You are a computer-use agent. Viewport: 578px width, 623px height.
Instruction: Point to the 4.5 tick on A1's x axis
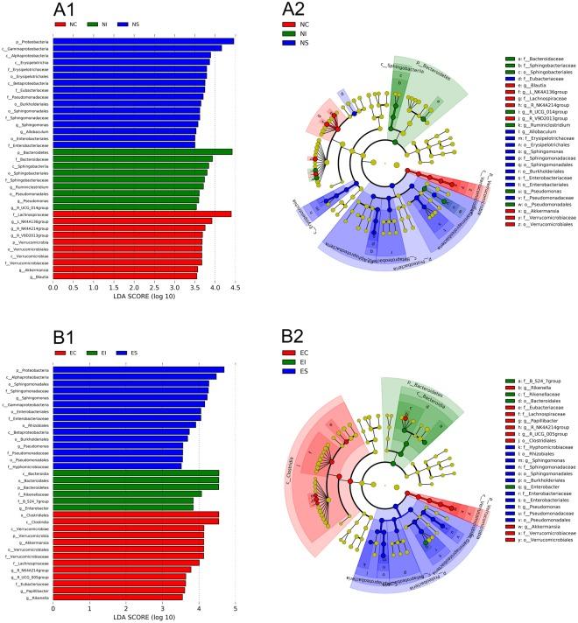(x=233, y=286)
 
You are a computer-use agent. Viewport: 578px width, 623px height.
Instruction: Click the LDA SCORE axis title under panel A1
(x=144, y=297)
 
